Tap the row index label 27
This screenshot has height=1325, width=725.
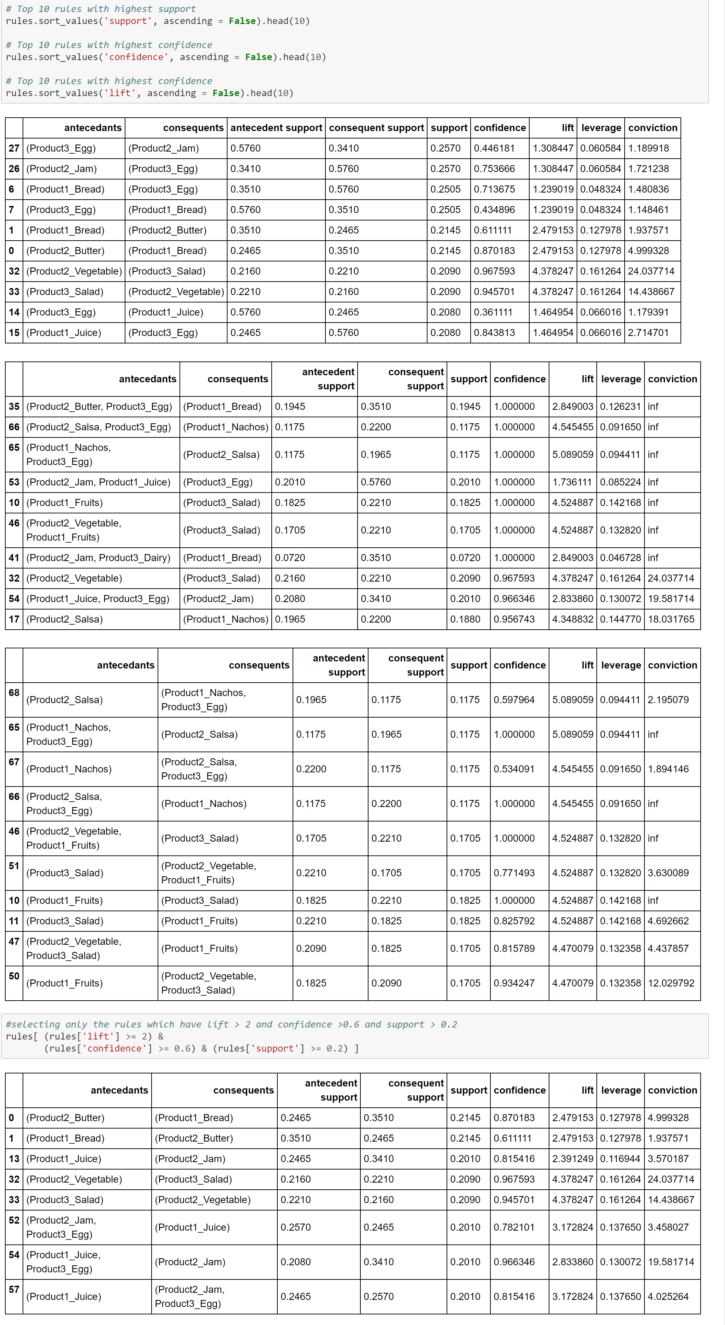pos(14,148)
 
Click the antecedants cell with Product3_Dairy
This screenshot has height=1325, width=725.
pos(98,558)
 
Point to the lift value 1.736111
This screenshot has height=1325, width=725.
pos(572,482)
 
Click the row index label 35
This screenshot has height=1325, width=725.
pos(14,406)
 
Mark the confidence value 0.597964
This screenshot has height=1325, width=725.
pos(514,700)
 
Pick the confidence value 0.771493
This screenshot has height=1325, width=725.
pos(514,873)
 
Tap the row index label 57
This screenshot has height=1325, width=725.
pos(14,1289)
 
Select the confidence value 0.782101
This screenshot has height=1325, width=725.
pos(514,1227)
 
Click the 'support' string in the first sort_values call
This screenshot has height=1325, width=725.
pos(128,21)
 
